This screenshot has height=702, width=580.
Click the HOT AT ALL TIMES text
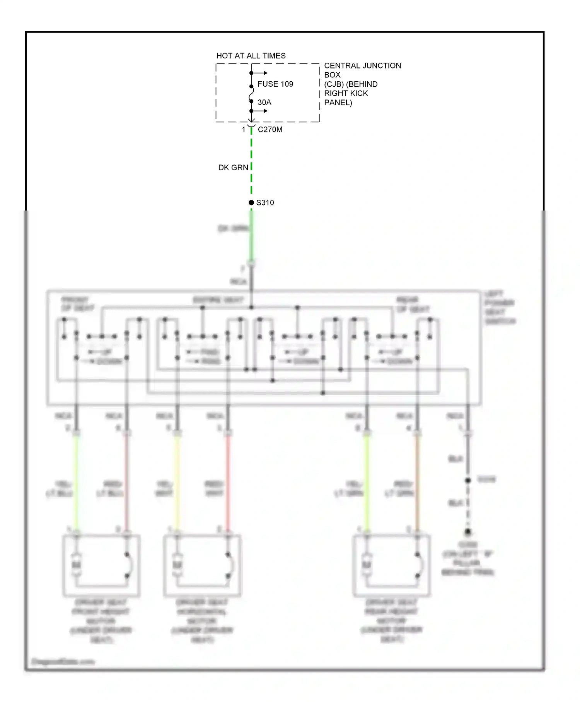[251, 56]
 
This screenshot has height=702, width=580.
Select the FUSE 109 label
[275, 84]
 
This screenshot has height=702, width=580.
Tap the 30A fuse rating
[264, 103]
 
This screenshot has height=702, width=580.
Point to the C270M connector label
[270, 130]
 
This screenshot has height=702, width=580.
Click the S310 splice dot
[251, 202]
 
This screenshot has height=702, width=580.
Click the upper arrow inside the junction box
[260, 73]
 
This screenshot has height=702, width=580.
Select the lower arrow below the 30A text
[260, 111]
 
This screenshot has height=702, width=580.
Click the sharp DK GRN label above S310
[233, 168]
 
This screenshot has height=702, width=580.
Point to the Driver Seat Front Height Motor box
[101, 565]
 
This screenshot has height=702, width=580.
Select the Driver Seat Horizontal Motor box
[202, 565]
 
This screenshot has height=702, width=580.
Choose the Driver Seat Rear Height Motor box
[391, 565]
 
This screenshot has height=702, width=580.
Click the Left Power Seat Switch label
[499, 307]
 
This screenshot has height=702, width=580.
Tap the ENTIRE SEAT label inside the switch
[218, 300]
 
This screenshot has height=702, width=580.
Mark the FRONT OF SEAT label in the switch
[77, 304]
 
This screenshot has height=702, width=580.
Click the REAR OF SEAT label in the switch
[412, 305]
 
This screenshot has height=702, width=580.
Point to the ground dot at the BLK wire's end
[468, 532]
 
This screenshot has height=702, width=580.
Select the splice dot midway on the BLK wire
[468, 480]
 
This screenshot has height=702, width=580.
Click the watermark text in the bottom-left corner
[63, 661]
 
